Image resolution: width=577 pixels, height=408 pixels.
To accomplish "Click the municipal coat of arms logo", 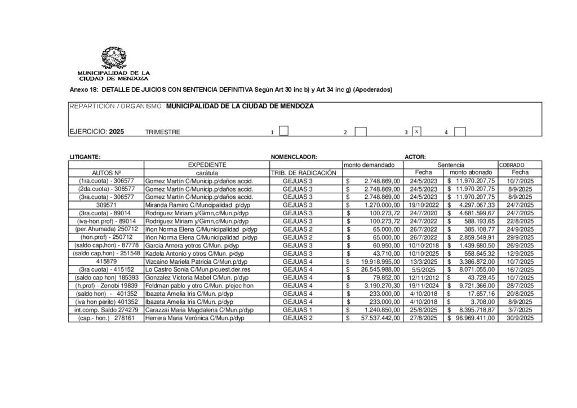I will [x=113, y=59].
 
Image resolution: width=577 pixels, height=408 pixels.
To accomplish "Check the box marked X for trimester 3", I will [x=417, y=131].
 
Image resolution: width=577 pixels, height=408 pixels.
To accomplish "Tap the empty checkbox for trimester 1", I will [x=284, y=131].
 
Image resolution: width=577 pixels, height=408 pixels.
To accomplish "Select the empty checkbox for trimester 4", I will [x=460, y=131].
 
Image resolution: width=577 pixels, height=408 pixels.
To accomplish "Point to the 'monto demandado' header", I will [x=373, y=165].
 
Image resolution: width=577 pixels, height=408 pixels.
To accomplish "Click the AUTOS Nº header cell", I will [x=106, y=172].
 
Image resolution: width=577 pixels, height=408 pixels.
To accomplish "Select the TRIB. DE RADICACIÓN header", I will [x=303, y=172].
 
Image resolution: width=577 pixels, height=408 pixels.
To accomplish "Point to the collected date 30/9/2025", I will [x=520, y=318].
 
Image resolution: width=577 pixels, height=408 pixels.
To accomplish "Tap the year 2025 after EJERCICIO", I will [x=117, y=131].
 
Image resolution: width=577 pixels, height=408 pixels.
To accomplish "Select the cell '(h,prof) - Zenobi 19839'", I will [x=106, y=286].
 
